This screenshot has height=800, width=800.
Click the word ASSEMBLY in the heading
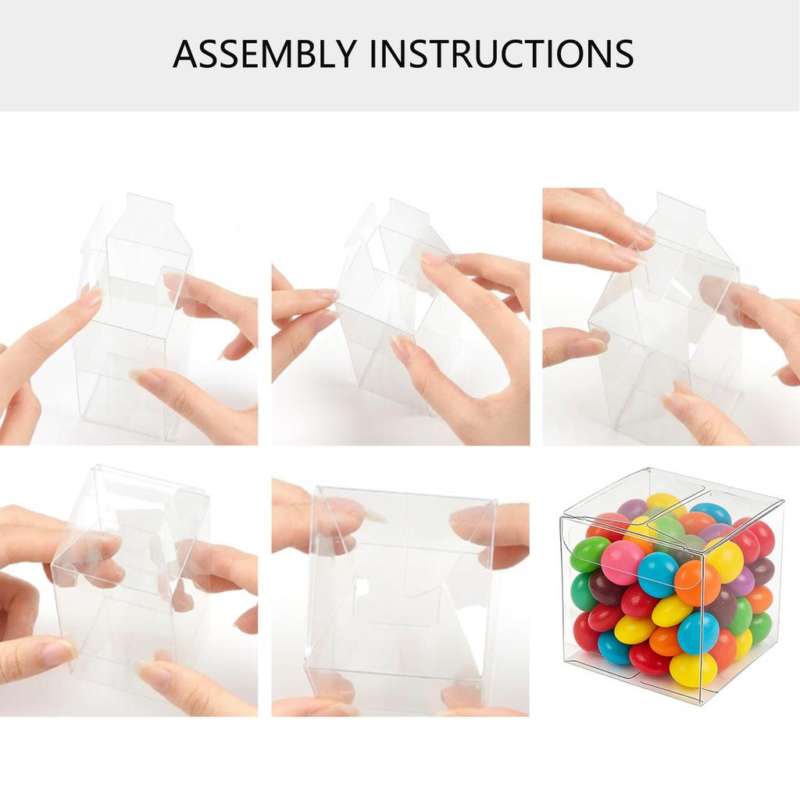[x=264, y=53]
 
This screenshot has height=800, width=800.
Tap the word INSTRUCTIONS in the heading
[x=500, y=53]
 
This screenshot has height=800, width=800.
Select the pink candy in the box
[x=623, y=562]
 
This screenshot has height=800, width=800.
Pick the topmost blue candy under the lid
[x=711, y=512]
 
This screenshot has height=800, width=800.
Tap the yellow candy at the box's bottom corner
[x=693, y=669]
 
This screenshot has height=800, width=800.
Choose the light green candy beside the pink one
[x=589, y=554]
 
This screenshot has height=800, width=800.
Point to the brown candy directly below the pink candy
[x=607, y=588]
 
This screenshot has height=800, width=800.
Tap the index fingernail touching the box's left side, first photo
[x=91, y=298]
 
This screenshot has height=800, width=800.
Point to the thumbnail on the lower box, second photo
[x=401, y=348]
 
